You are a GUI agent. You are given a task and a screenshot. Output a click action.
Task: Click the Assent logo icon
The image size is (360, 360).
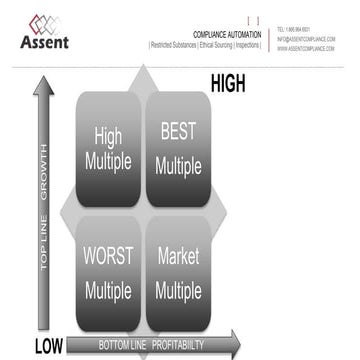[43, 22]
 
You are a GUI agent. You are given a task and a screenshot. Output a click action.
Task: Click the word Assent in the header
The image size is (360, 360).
[44, 42]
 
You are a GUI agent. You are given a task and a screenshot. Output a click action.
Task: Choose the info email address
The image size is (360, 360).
[306, 39]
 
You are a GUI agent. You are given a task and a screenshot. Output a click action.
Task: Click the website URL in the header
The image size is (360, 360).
[306, 48]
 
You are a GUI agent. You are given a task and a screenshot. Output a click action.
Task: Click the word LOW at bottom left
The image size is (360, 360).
[48, 346]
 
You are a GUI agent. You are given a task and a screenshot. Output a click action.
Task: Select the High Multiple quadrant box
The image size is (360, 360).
[107, 148]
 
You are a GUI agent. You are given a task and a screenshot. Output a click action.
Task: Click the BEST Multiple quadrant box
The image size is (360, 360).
[177, 148]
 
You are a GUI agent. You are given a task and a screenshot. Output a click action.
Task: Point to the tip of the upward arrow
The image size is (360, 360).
[43, 80]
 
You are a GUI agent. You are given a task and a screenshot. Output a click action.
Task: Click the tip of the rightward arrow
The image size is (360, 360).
[239, 344]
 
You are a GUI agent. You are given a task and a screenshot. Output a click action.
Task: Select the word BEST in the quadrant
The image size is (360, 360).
[177, 131]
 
